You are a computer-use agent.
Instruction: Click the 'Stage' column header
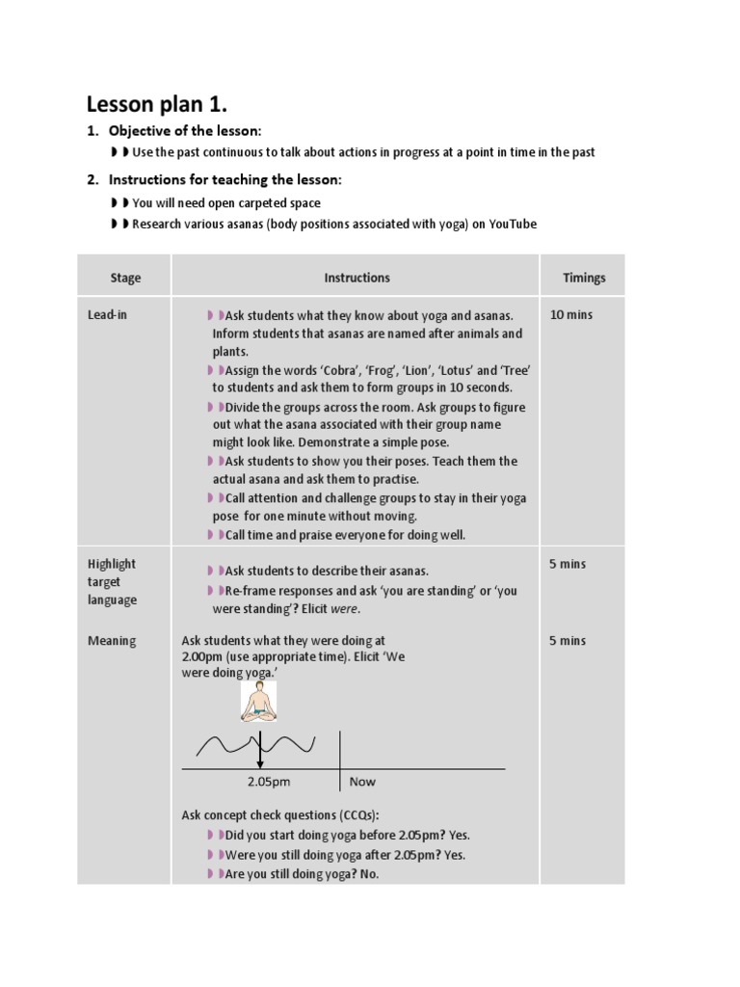tap(125, 278)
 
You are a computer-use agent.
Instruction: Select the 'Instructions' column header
tap(357, 278)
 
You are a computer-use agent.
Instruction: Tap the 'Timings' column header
tap(584, 278)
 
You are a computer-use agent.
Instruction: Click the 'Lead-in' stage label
tap(107, 315)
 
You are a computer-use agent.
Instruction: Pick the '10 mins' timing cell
tap(571, 315)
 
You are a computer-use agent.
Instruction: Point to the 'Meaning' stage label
tap(112, 641)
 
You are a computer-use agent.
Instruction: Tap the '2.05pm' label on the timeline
tap(269, 782)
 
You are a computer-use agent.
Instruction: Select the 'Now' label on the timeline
tap(362, 782)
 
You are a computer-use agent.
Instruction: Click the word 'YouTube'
tap(513, 224)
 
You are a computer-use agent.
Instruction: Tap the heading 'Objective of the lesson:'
tap(185, 130)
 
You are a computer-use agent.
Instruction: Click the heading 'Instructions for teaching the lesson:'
tap(225, 179)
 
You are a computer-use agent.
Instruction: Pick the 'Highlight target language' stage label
tap(112, 582)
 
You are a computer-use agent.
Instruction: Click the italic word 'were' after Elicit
tap(343, 609)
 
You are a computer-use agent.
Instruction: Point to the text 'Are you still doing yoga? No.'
tap(302, 873)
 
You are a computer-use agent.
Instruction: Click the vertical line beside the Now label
tap(339, 761)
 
